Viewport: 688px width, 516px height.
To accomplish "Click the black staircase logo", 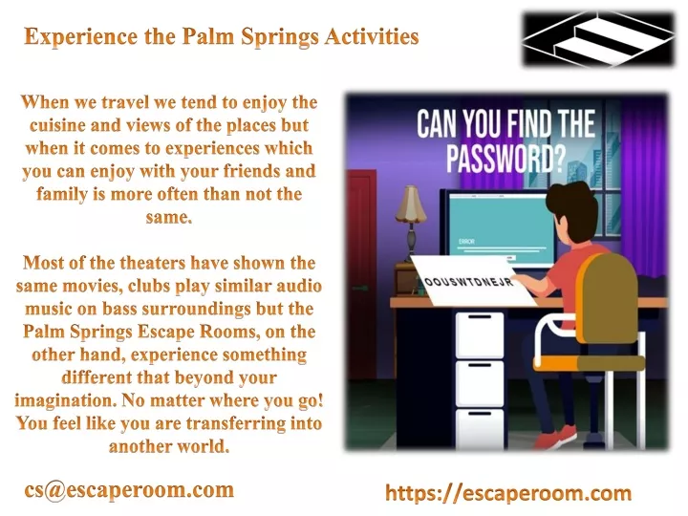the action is pos(598,39).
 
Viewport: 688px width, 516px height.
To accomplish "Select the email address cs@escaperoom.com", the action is pos(129,489).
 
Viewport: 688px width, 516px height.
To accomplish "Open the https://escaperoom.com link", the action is pos(508,493).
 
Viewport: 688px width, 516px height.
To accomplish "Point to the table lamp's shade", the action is pos(411,204).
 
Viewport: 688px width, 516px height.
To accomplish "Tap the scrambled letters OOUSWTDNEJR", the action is pos(469,282).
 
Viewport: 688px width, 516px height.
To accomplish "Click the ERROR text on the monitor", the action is pos(466,242).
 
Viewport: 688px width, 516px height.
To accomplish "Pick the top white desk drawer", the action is pos(480,334).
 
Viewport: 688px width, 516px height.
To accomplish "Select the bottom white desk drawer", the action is pos(480,428).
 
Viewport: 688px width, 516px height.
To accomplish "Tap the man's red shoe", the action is pos(556,437).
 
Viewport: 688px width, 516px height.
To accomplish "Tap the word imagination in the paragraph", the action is pos(65,401).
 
